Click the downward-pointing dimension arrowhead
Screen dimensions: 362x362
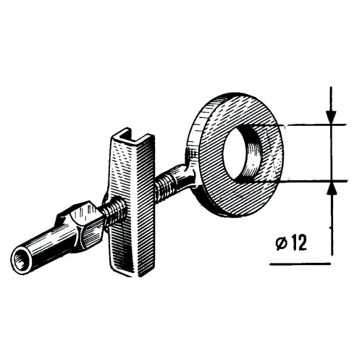pyautogui.click(x=332, y=117)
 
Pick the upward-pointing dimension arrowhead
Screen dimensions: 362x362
pyautogui.click(x=332, y=189)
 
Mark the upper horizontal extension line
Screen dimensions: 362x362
pyautogui.click(x=304, y=125)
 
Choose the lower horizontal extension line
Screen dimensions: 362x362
pyautogui.click(x=304, y=181)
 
